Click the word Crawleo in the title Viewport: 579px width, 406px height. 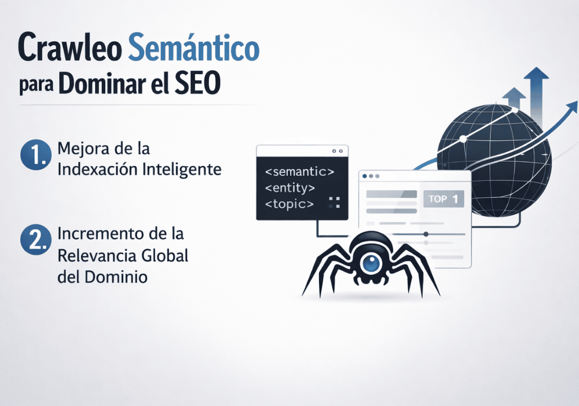[x=68, y=48]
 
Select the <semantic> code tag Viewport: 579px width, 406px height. [x=298, y=172]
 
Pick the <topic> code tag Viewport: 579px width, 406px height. [x=289, y=204]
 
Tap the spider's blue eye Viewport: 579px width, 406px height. [x=371, y=264]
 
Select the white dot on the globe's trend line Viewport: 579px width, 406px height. [x=463, y=139]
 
